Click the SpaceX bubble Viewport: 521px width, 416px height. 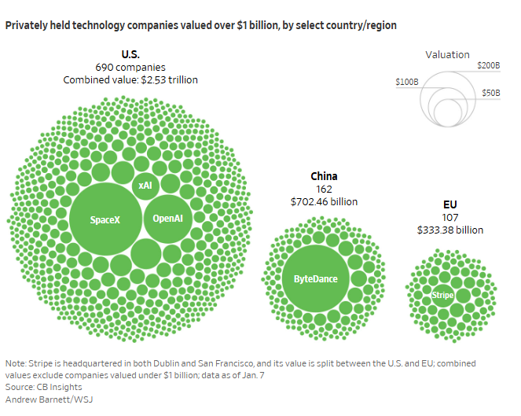(x=105, y=219)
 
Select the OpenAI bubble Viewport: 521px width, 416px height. (x=167, y=218)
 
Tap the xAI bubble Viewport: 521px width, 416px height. (x=145, y=186)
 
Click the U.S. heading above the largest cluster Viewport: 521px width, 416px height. (x=130, y=54)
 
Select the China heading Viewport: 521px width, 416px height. (x=324, y=176)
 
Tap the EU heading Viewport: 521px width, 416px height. (x=449, y=204)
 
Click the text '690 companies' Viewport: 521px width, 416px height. (x=130, y=67)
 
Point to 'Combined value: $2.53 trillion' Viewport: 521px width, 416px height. (x=130, y=79)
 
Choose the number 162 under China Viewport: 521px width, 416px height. (x=324, y=189)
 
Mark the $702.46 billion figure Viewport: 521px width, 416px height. (x=324, y=201)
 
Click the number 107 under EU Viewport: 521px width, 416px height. (x=449, y=217)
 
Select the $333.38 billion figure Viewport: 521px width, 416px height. (x=449, y=230)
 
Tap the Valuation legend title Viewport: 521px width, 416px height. (x=447, y=55)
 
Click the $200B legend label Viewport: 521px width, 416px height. (x=488, y=65)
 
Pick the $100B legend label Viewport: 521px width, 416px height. (x=407, y=81)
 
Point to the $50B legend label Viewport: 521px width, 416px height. (x=491, y=93)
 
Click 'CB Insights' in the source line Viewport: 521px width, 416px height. (x=56, y=388)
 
